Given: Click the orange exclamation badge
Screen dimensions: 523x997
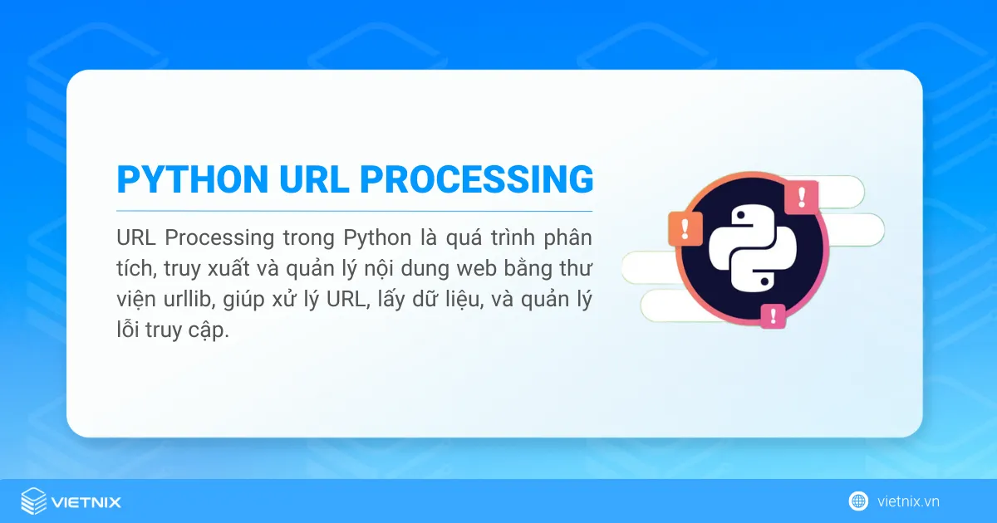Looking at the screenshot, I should click(x=685, y=227).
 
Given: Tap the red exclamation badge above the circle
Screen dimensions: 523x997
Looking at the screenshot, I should click(x=801, y=198).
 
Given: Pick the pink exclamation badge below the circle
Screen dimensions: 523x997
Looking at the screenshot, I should click(x=773, y=315).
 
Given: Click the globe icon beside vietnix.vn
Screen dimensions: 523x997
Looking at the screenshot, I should click(x=858, y=501).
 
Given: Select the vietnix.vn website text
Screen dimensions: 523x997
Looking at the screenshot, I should click(x=908, y=501).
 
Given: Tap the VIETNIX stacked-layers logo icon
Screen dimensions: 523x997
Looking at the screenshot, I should click(x=33, y=501).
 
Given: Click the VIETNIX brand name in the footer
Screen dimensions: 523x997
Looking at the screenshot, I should click(x=86, y=502).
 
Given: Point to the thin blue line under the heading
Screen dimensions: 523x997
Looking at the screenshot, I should click(x=354, y=211).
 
